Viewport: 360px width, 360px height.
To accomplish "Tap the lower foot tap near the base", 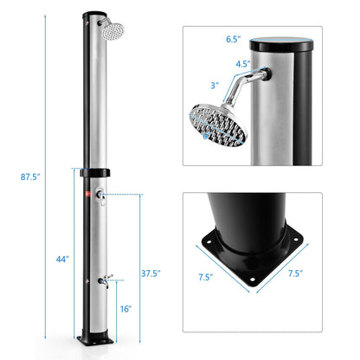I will tap(104, 280).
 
